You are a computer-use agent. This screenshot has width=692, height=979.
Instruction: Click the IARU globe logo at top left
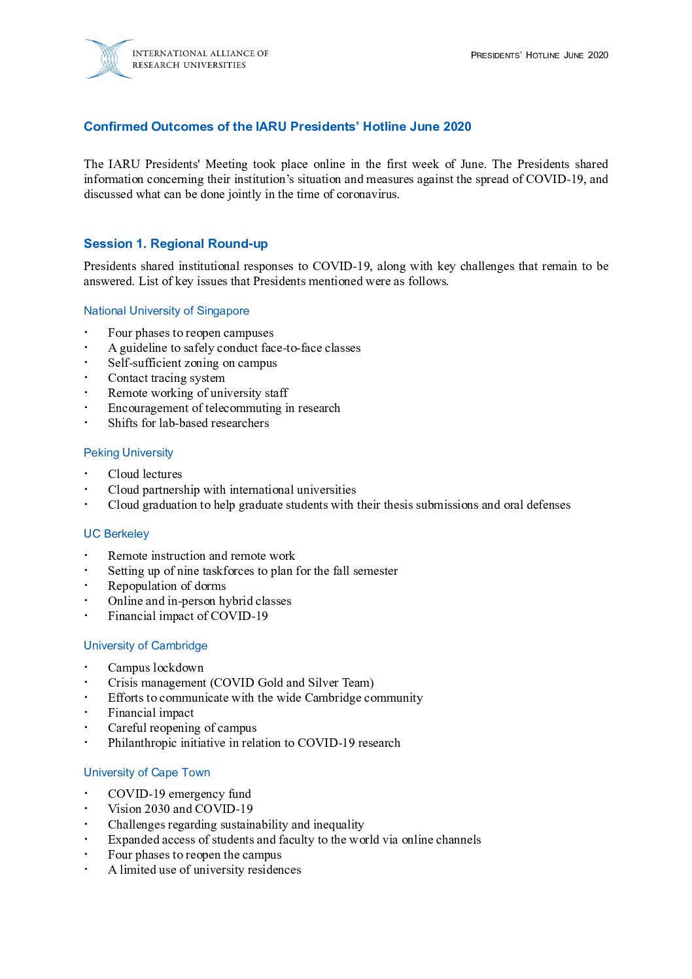click(108, 59)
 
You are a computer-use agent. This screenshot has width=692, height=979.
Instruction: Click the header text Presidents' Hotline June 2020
click(539, 55)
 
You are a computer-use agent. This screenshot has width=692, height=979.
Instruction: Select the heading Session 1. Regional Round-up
click(175, 244)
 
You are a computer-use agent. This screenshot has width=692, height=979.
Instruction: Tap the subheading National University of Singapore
click(166, 311)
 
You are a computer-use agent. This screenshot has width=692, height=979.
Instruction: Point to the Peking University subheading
click(128, 453)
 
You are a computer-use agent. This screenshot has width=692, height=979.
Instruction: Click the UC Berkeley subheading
click(116, 534)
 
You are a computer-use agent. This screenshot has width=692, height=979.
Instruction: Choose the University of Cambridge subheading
click(145, 645)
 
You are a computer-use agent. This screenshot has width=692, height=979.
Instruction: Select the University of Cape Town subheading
click(147, 772)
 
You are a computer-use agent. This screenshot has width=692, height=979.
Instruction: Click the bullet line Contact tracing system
click(166, 378)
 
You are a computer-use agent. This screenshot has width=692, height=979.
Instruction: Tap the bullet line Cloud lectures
click(145, 474)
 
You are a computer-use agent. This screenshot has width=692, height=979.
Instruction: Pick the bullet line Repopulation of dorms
click(167, 586)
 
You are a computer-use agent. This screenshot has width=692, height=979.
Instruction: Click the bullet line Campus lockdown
click(156, 668)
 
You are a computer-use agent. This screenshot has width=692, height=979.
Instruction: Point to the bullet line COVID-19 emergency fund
click(179, 794)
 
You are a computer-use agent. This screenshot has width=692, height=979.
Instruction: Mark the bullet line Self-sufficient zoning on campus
click(192, 363)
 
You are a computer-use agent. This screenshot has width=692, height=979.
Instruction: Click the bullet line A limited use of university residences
click(204, 870)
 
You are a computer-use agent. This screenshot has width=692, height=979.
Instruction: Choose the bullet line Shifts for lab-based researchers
click(188, 423)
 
